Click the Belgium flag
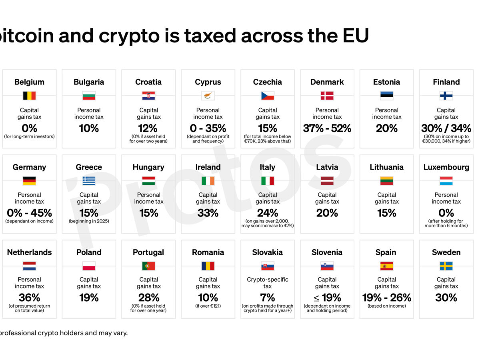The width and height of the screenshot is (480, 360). (x=29, y=96)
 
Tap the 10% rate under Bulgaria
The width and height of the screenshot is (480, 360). (x=89, y=128)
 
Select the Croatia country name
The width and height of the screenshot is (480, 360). (x=148, y=82)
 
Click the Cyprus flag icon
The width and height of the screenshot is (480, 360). (x=208, y=96)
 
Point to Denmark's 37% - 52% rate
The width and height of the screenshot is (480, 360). (x=327, y=128)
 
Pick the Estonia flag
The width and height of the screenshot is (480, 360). (x=386, y=96)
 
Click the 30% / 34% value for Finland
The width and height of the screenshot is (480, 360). (x=446, y=128)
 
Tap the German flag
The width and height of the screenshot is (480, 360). (x=29, y=181)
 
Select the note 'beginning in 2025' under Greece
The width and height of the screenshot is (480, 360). (x=89, y=221)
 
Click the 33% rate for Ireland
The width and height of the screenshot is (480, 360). (x=208, y=213)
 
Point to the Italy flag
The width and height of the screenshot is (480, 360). (x=268, y=181)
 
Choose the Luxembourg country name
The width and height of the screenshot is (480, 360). (x=446, y=167)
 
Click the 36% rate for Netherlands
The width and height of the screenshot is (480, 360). (x=29, y=298)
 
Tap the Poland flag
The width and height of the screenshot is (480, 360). (x=89, y=266)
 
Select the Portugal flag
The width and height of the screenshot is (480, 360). (x=148, y=266)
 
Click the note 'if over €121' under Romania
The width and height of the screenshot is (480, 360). (x=208, y=306)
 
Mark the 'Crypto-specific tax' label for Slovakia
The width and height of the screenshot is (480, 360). (x=268, y=283)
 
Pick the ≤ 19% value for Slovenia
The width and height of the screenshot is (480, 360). (x=327, y=298)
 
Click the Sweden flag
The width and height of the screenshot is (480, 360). (x=446, y=266)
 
